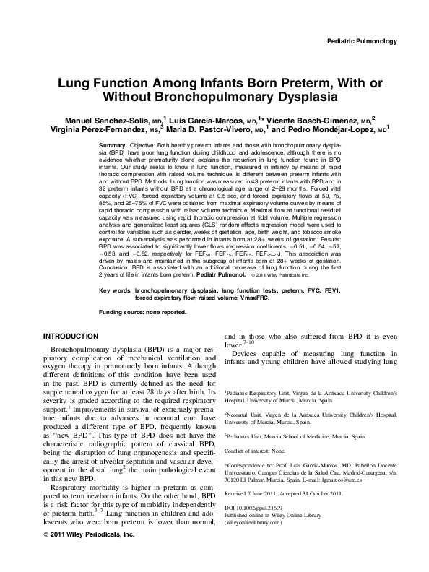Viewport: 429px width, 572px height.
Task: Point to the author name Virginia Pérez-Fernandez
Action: click(84, 130)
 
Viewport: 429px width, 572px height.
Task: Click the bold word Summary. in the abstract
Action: click(113, 146)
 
